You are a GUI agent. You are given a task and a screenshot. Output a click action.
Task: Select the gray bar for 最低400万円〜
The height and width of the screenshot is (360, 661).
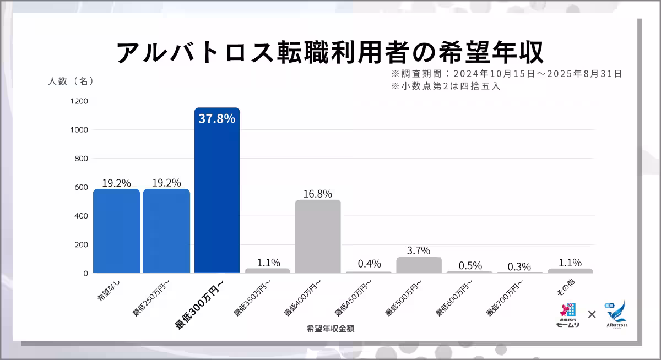coord(318,236)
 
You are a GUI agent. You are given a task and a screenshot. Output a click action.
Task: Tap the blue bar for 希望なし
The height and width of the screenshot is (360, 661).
coord(116,231)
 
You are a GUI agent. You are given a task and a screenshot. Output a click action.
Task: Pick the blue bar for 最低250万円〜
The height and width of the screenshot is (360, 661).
coord(166,231)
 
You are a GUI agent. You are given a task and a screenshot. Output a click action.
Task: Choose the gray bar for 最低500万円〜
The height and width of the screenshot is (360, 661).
coord(419,265)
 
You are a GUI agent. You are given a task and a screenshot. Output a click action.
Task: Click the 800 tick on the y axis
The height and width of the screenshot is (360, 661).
coord(81,159)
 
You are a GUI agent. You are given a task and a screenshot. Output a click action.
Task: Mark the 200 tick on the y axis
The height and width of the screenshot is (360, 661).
coord(81,244)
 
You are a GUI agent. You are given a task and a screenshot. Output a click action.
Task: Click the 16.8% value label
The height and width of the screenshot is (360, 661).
coord(318,194)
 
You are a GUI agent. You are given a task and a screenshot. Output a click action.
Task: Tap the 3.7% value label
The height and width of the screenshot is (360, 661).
coord(419,250)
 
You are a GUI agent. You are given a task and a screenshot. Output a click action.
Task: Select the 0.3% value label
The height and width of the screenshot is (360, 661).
coord(519,266)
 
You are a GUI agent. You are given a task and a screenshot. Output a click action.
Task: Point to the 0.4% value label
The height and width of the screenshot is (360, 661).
coord(369,264)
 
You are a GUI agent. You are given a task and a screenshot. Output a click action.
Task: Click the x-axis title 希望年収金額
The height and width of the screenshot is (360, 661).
coord(330,329)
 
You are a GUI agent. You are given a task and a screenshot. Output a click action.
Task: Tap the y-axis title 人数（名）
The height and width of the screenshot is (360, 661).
coord(71,81)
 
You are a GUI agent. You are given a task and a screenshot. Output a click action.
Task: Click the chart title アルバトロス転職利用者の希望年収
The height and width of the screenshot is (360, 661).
coord(330,52)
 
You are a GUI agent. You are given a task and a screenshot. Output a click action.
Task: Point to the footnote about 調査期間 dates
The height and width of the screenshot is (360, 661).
coord(507,73)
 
